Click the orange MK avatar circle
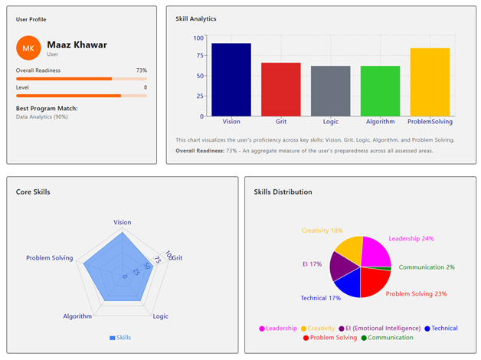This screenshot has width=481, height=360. coord(28,48)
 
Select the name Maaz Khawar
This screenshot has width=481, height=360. coord(77,44)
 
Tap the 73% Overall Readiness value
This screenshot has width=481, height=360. coord(141,70)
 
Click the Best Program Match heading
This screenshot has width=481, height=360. coord(47,108)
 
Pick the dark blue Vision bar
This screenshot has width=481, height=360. coord(231,80)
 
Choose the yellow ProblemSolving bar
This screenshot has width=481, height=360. coord(430,82)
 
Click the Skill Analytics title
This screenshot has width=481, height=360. coord(196,18)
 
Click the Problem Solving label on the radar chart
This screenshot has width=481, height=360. coord(50,258)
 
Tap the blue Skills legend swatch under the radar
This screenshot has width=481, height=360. coord(113,337)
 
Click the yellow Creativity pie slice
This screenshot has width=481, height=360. coord(350,250)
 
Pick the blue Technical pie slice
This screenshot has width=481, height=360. coord(348,283)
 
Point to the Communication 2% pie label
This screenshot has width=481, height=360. coord(427,267)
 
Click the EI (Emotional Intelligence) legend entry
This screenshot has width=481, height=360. coord(378,329)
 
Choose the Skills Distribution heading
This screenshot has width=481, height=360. coord(283,191)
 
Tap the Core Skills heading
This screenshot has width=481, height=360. coord(33,191)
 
